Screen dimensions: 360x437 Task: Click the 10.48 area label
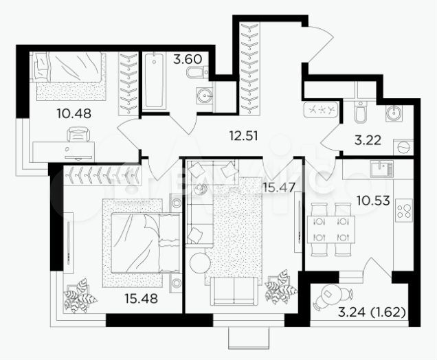[74, 113]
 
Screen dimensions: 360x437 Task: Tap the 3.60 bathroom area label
[188, 59]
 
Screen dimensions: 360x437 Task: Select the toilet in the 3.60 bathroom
[196, 73]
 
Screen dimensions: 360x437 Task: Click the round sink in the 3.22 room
[394, 114]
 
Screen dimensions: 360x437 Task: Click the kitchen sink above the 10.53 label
[381, 168]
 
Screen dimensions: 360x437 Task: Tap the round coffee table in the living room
[199, 263]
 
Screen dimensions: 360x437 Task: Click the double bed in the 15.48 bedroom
[137, 240]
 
